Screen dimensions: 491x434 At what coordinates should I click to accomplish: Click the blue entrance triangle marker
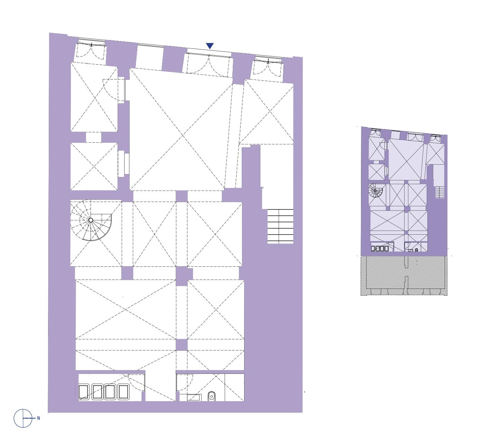(210, 46)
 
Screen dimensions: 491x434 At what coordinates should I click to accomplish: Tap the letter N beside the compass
(38, 418)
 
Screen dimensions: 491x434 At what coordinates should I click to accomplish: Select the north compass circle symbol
(23, 418)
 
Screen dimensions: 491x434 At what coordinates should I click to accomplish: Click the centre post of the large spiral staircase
(91, 220)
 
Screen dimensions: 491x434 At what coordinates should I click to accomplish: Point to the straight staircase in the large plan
(280, 226)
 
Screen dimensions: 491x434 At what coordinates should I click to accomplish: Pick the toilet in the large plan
(211, 396)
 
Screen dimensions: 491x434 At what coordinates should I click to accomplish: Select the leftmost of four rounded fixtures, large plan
(84, 392)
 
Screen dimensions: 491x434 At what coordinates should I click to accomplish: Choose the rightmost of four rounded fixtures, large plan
(123, 392)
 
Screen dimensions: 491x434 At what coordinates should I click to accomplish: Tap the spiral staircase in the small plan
(375, 190)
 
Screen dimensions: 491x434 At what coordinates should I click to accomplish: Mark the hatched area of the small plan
(404, 276)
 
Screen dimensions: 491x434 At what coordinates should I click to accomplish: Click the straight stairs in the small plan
(439, 192)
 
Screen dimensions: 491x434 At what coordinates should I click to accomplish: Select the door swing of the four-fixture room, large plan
(137, 382)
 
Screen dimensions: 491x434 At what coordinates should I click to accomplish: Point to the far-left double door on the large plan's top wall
(91, 51)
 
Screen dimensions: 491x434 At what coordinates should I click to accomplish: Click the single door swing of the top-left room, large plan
(114, 90)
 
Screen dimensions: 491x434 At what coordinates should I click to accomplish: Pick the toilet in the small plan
(417, 250)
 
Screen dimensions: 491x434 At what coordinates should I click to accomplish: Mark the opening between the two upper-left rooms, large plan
(94, 137)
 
